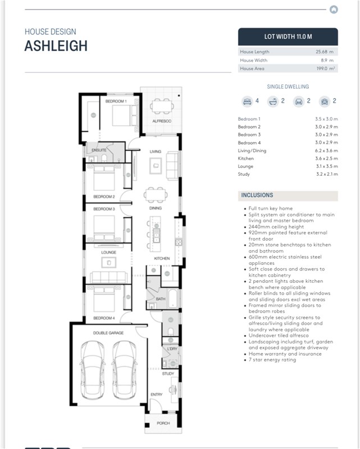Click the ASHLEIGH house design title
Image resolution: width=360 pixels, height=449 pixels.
[x=56, y=46]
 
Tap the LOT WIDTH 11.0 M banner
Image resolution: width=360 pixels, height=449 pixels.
[x=288, y=36]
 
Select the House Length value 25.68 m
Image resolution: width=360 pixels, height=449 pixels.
[x=325, y=52]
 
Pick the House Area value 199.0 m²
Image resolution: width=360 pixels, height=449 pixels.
[x=326, y=68]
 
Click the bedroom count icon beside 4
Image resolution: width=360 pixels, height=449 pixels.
[x=247, y=102]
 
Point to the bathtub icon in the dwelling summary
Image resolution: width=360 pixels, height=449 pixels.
[x=273, y=102]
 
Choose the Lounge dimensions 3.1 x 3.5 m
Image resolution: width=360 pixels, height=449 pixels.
[x=327, y=166]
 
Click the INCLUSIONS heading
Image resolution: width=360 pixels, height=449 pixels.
[x=257, y=195]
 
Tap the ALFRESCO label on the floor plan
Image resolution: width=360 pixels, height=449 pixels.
[x=162, y=121]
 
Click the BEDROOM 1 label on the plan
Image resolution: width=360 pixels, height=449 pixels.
[x=116, y=101]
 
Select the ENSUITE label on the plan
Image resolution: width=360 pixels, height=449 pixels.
[x=99, y=150]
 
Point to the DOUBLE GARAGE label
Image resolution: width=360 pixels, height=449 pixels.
[x=108, y=333]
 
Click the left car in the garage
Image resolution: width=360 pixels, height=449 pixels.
[x=92, y=370]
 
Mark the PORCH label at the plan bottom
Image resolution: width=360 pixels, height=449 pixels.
[x=163, y=423]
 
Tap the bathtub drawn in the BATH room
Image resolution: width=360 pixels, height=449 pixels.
[x=173, y=299]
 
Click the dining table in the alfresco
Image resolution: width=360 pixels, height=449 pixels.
[x=162, y=107]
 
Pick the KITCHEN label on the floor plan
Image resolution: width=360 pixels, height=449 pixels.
[x=162, y=258]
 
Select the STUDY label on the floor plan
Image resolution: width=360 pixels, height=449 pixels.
[x=168, y=373]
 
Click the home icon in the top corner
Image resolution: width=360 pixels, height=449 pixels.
[x=334, y=10]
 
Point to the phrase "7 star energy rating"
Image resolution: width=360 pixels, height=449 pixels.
[x=272, y=360]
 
